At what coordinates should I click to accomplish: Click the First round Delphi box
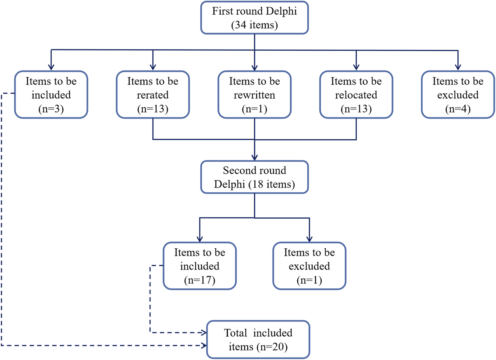point(254,18)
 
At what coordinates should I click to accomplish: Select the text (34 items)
point(254,25)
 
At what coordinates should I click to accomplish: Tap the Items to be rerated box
point(153,95)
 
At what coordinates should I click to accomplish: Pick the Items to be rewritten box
point(254,95)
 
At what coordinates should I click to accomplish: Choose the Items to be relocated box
point(356,95)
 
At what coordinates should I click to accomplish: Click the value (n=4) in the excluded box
point(458,109)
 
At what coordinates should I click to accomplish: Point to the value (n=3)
point(51,109)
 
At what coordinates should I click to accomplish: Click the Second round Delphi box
point(254,177)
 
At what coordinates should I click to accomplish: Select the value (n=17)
point(200,280)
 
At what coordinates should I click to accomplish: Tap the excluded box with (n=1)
point(309,266)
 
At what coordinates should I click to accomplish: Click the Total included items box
point(258,339)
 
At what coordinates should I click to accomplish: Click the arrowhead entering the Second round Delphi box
point(255,158)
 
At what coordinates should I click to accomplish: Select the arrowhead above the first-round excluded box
point(458,67)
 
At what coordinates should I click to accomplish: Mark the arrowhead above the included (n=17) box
point(200,239)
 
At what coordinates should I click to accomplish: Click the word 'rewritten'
point(254,95)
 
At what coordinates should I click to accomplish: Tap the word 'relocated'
point(356,95)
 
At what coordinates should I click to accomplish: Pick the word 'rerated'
point(153,95)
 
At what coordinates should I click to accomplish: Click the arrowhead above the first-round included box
point(51,67)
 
